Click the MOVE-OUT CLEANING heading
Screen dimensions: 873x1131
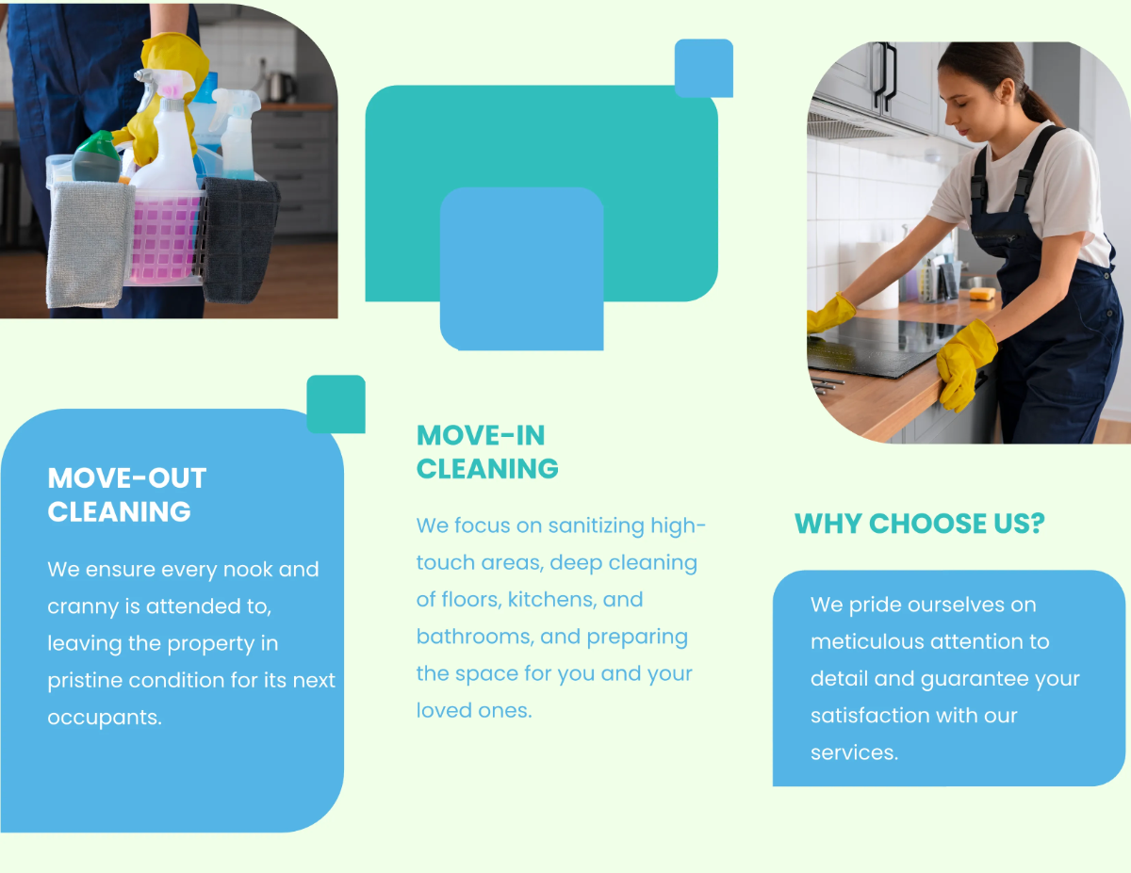(x=126, y=494)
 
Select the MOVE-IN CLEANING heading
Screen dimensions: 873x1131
(x=487, y=452)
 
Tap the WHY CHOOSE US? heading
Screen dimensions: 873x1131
(x=919, y=524)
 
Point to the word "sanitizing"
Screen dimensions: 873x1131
(x=596, y=525)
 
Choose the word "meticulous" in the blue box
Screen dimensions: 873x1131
(x=867, y=642)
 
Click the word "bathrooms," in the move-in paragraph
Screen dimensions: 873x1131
(x=475, y=637)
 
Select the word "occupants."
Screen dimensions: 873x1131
(x=105, y=717)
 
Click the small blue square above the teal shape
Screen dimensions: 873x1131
(x=704, y=68)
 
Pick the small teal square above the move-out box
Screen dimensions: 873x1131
(x=336, y=404)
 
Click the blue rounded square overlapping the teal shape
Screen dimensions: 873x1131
(x=521, y=268)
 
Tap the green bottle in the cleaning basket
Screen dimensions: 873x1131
(x=96, y=157)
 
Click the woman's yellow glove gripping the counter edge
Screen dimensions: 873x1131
(x=964, y=363)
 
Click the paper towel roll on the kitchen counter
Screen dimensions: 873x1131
(x=878, y=274)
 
